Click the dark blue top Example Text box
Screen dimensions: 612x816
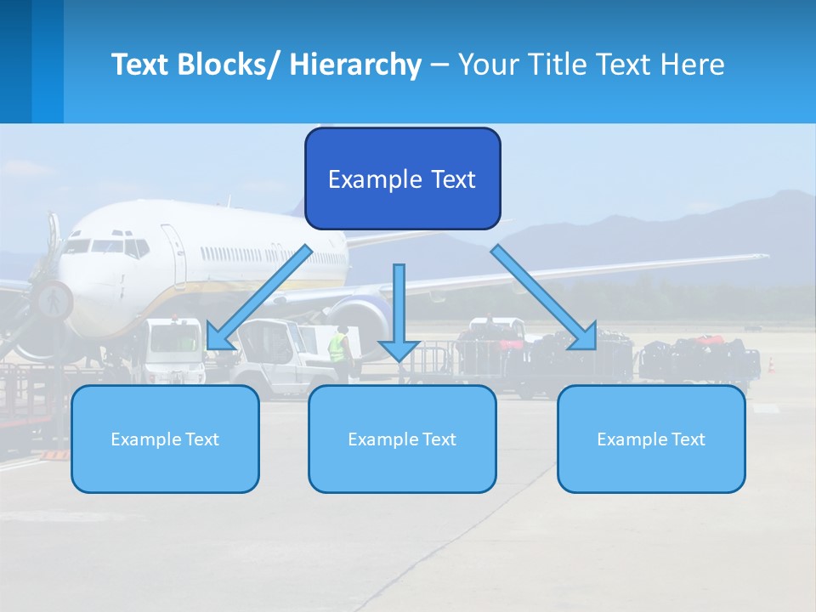click(x=402, y=178)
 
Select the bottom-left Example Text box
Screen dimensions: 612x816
click(x=165, y=439)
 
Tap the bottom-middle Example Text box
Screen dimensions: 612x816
click(x=402, y=439)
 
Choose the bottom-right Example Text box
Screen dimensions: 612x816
click(x=651, y=439)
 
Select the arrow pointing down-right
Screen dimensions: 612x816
click(x=545, y=297)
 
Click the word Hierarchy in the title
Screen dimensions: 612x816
click(x=355, y=65)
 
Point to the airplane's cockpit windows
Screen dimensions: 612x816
click(x=106, y=246)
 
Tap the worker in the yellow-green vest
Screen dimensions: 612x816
click(x=338, y=347)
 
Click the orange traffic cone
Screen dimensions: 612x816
click(x=772, y=365)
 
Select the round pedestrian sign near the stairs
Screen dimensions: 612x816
click(x=53, y=300)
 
